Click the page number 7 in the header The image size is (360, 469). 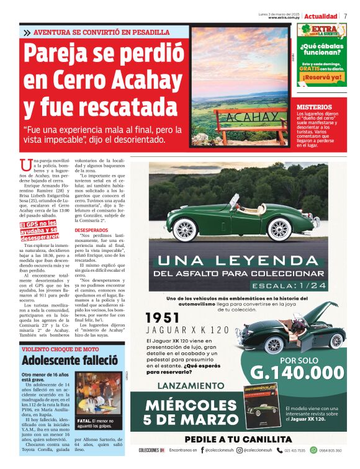[x=345, y=16]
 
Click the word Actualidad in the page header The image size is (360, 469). [x=321, y=16]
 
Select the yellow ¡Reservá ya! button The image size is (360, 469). [x=321, y=78]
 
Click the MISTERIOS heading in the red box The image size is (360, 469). [x=314, y=107]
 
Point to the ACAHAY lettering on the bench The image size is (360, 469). [x=243, y=117]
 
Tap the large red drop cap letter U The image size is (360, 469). [x=25, y=166]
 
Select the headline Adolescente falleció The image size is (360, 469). [x=70, y=360]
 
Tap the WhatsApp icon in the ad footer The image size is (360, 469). [x=313, y=450]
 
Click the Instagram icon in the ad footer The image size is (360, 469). [x=240, y=450]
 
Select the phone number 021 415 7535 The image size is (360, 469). [x=293, y=450]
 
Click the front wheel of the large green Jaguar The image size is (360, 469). [x=280, y=229]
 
